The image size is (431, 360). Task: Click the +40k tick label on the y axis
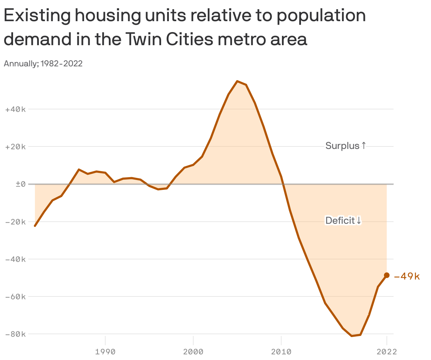[16, 109]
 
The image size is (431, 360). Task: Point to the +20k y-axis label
[16, 147]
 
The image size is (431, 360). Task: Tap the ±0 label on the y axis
[20, 184]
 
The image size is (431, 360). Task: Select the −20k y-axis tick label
[16, 222]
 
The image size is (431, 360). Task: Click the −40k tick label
[16, 259]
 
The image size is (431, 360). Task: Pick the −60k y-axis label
[16, 296]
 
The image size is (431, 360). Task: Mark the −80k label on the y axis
[16, 334]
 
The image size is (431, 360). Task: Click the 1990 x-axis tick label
[105, 352]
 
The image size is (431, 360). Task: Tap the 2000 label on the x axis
[193, 352]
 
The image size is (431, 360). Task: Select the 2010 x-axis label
[281, 352]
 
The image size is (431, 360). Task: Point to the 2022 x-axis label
[386, 352]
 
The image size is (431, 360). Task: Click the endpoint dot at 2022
[386, 275]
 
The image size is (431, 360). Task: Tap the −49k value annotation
[407, 276]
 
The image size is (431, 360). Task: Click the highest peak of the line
[237, 81]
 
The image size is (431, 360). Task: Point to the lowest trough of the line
[352, 336]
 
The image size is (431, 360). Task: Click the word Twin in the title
[142, 39]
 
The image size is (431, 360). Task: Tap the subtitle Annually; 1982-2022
[43, 64]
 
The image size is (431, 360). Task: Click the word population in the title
[321, 16]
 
